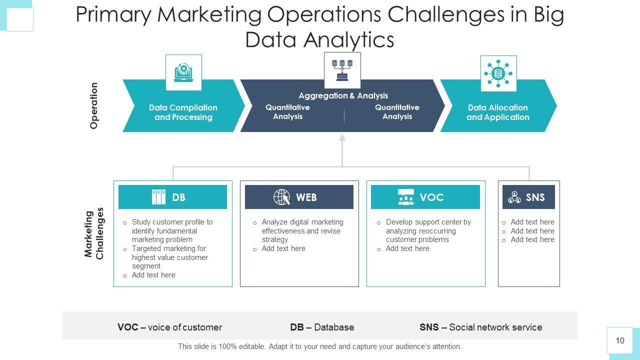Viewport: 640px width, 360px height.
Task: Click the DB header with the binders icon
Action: [172, 197]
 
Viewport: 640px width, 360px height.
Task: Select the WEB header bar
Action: [299, 197]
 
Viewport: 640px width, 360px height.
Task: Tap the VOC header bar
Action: [425, 197]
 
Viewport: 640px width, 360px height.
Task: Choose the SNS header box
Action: [528, 197]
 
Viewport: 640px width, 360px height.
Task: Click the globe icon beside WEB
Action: [282, 197]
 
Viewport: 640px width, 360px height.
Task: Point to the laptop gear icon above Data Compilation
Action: [183, 72]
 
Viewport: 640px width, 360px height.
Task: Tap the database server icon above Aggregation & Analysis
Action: [342, 70]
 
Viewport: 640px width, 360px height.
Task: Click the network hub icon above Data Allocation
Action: [498, 73]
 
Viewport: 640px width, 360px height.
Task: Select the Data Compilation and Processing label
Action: [183, 112]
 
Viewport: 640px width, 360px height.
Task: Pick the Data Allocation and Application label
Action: [497, 112]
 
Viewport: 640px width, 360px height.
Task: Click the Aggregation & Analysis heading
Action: [343, 95]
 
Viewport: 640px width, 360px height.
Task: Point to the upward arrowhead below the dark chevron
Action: [342, 137]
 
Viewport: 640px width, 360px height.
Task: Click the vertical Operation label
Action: [94, 106]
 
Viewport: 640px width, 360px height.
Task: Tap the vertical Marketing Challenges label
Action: [94, 233]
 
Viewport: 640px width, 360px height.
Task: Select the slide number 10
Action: [620, 341]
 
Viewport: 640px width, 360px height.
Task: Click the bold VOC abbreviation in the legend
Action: [127, 327]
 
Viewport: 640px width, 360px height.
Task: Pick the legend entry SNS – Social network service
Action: [480, 327]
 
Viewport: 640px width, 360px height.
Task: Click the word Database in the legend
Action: [334, 327]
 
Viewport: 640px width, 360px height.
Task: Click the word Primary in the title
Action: [113, 15]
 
